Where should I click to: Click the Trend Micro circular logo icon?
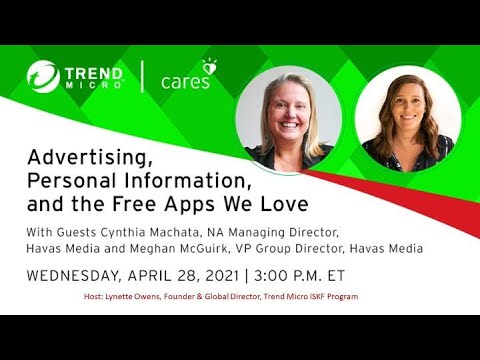click(43, 76)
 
